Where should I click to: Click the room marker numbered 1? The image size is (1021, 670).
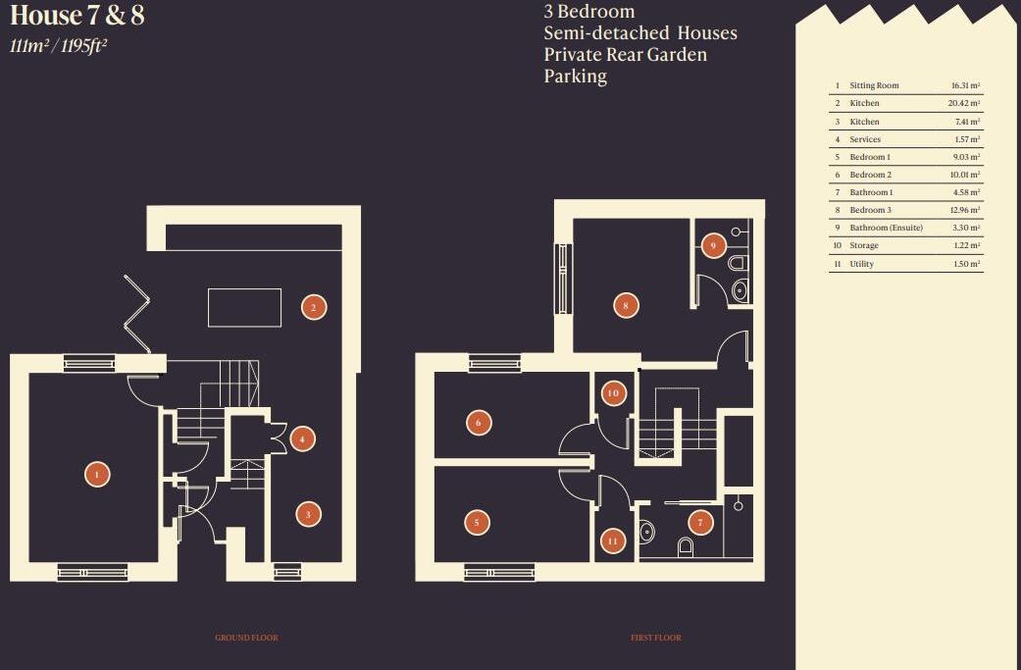click(96, 475)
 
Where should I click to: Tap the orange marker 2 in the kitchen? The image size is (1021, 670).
click(313, 307)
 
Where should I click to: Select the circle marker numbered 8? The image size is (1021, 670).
click(627, 305)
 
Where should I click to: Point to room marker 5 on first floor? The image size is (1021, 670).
click(477, 523)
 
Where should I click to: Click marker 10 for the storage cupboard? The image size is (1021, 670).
click(613, 393)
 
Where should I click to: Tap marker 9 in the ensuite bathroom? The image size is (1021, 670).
click(713, 245)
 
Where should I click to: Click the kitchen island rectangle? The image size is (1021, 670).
click(244, 307)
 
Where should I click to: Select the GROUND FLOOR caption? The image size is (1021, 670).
click(246, 638)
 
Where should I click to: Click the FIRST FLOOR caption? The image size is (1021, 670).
click(656, 638)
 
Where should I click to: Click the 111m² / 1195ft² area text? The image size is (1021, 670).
click(58, 46)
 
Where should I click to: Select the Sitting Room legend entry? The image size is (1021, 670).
click(874, 85)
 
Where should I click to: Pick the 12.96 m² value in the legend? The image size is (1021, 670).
click(966, 210)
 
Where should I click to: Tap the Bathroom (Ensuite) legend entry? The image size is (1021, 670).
click(886, 228)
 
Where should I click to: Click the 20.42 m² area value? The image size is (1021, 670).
click(966, 103)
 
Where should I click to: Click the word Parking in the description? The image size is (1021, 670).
click(576, 77)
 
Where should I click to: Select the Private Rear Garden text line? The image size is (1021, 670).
click(625, 55)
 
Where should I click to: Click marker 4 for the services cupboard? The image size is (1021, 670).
click(302, 439)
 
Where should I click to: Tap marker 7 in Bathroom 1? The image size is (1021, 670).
click(700, 523)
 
